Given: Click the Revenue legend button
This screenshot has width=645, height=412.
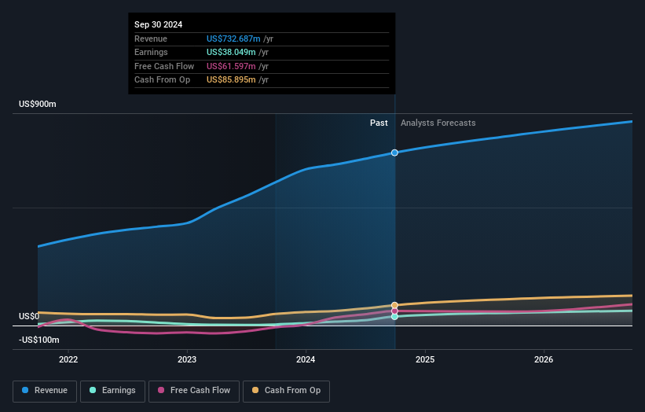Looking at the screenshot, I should tap(45, 391).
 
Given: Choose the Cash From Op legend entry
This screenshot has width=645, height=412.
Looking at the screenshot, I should tap(289, 391).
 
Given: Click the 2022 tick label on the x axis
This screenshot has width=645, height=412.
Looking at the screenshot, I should tap(68, 360).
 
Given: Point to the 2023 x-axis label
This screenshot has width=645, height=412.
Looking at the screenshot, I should tap(187, 360).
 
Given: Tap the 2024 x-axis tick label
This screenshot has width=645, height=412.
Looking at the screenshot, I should tap(306, 360).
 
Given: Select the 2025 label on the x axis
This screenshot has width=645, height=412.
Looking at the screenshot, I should tap(424, 360).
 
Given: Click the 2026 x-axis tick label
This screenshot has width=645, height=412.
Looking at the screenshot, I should tap(543, 360).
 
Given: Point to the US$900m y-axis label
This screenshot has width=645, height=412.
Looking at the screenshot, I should tap(38, 105).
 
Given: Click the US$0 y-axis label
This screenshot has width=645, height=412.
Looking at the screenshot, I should tap(29, 317).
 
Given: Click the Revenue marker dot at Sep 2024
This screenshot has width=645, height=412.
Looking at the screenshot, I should tap(394, 153).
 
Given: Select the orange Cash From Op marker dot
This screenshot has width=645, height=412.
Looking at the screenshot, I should tap(394, 305).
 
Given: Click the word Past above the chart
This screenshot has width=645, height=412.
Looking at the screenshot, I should tap(379, 123).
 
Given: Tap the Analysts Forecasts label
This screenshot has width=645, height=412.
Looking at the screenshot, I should tap(438, 123).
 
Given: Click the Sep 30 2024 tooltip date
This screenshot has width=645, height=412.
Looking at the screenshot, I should tap(158, 24).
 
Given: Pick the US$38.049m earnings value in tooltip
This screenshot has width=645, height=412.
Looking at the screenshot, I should tap(231, 52).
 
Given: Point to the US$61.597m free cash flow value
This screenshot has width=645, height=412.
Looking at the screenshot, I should tap(231, 66).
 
